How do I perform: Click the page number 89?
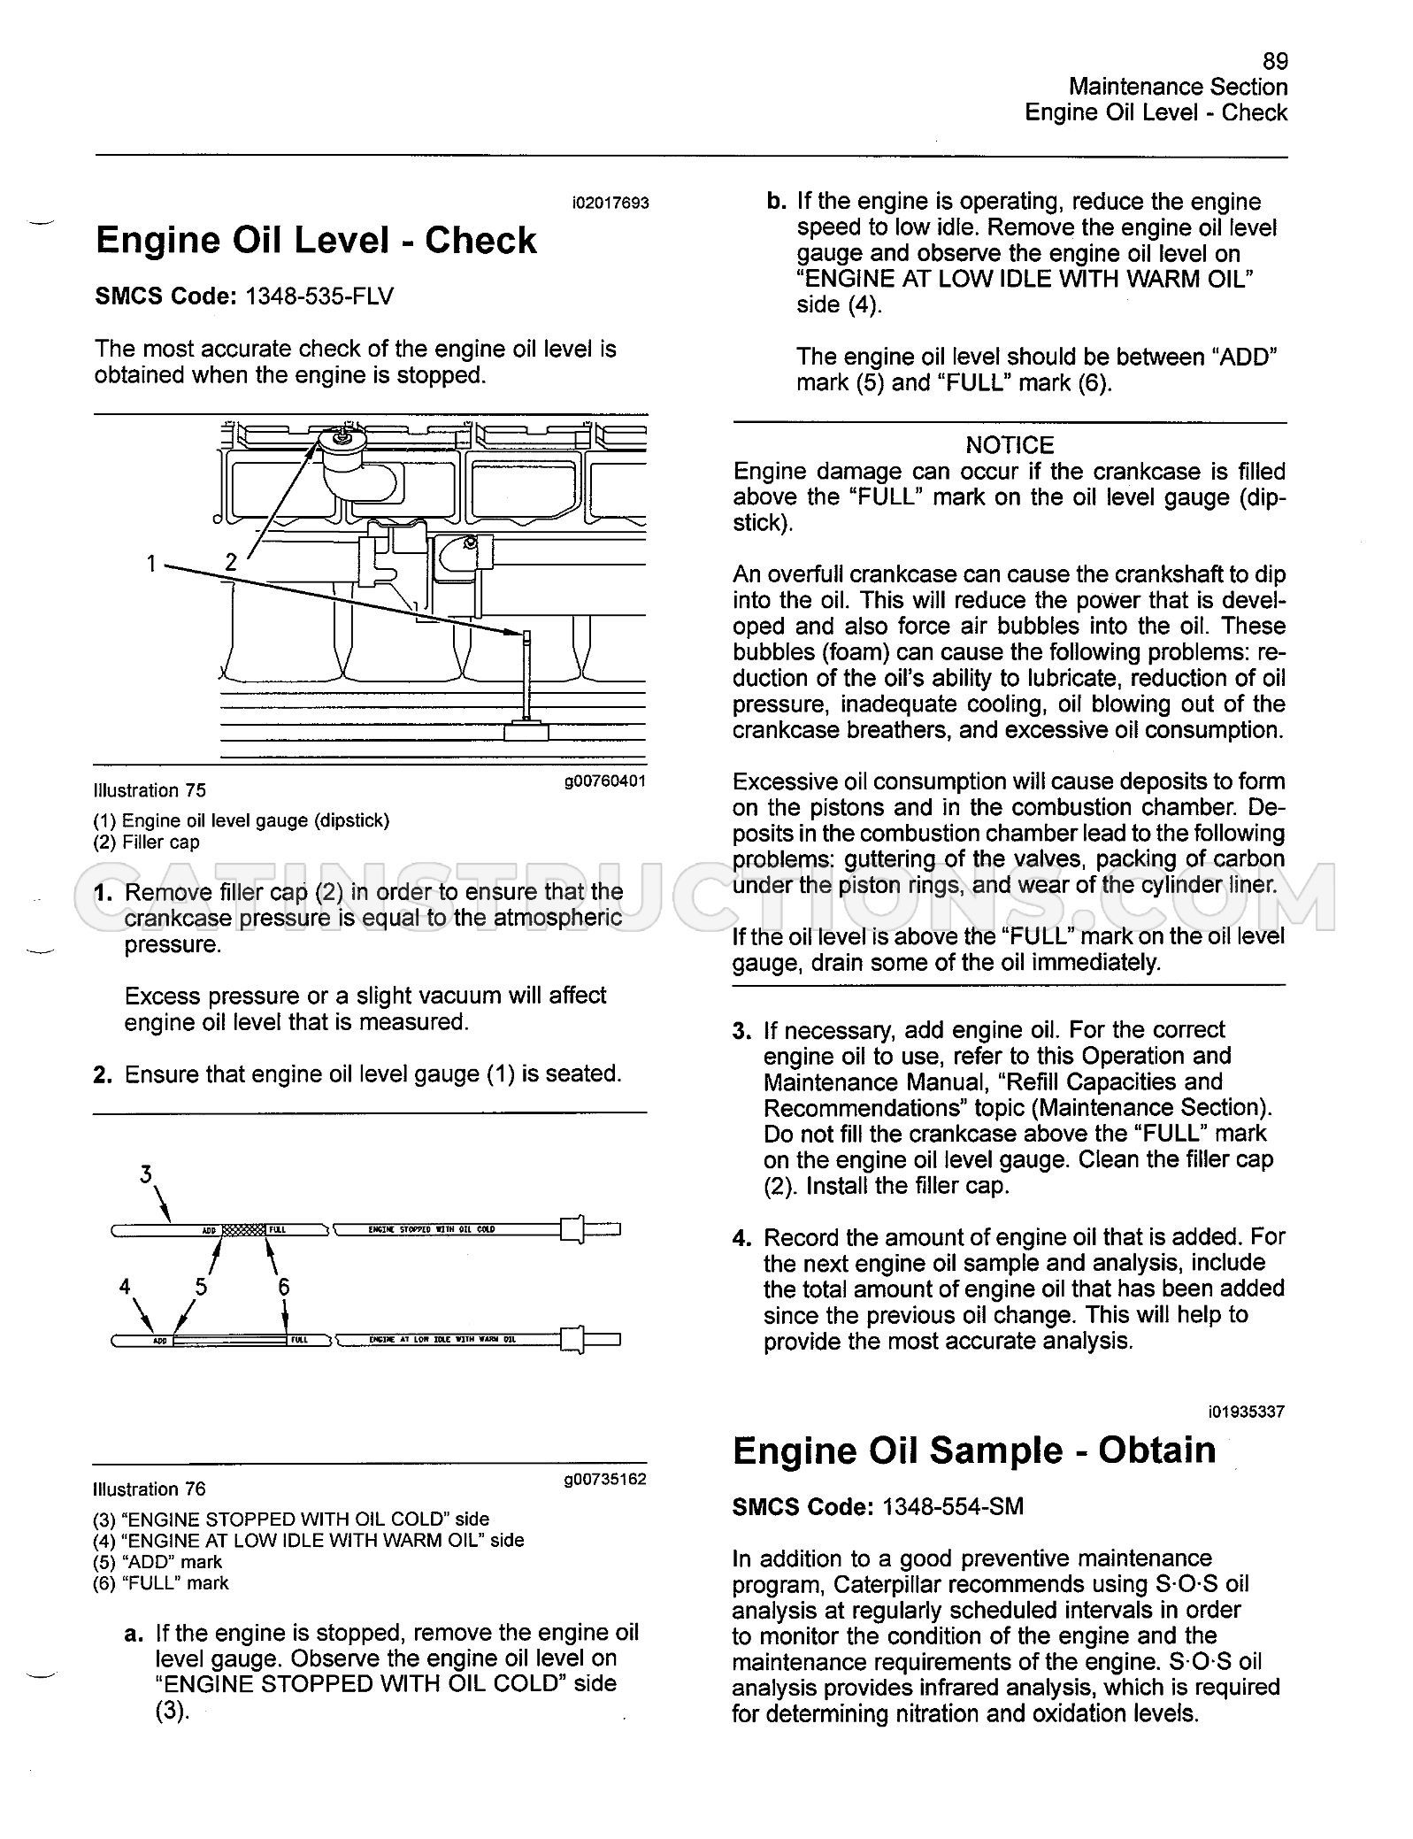1275,61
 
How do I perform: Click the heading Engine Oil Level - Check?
316,241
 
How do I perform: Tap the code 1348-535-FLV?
319,296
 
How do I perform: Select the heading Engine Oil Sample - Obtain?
974,1450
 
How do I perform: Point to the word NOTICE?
1010,445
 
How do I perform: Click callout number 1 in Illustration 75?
152,563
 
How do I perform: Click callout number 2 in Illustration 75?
231,561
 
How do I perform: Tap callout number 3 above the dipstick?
146,1174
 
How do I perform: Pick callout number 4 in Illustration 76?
125,1287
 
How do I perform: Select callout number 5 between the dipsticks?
202,1287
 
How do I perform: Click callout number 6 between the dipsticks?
284,1287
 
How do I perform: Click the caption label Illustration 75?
149,790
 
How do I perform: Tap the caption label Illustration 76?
149,1489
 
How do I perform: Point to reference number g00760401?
605,781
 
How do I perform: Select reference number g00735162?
605,1479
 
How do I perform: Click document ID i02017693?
611,203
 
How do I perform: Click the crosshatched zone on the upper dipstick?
243,1229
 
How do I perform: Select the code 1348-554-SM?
953,1506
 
